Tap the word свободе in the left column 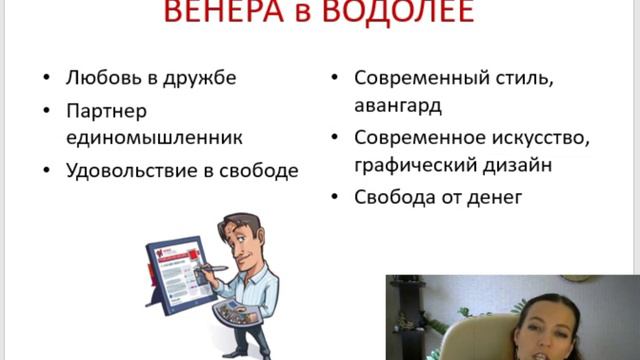click(261, 170)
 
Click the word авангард click(397, 105)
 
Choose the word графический click(416, 165)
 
